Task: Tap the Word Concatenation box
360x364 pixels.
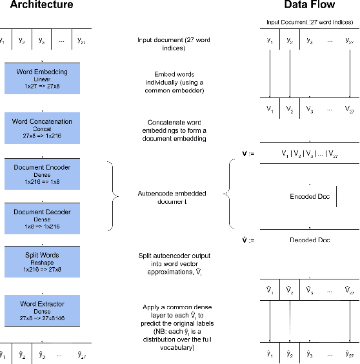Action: [41, 128]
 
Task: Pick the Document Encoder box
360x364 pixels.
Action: [41, 173]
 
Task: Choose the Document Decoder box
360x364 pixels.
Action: [41, 218]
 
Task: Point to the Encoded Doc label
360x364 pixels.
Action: [310, 197]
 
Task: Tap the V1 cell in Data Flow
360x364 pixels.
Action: [270, 108]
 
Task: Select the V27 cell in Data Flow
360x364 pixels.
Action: [349, 108]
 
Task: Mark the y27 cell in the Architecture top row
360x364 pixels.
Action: [81, 40]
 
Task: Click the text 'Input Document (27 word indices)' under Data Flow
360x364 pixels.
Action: [310, 23]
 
